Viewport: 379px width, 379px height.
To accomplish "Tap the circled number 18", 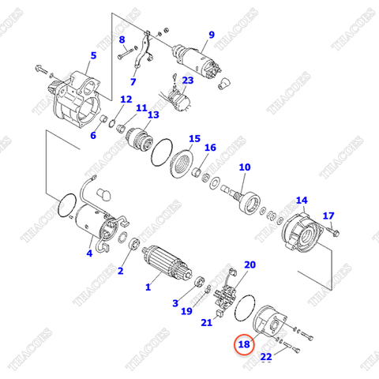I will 245,344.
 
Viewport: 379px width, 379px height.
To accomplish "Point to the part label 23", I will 187,80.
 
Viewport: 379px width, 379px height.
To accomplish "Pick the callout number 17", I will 328,216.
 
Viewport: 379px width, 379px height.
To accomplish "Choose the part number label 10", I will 244,167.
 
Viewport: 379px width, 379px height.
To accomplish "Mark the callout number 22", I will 266,358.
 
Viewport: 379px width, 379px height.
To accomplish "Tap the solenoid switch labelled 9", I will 193,58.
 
